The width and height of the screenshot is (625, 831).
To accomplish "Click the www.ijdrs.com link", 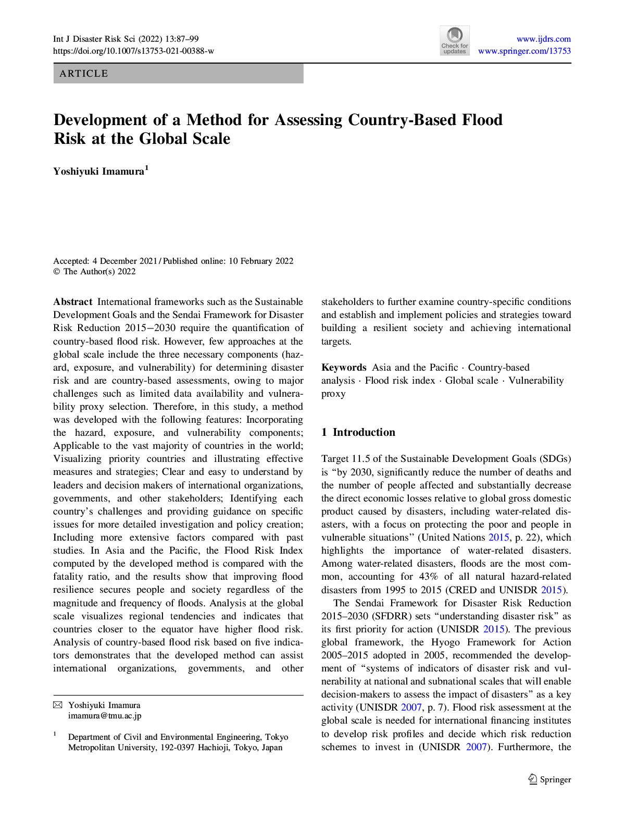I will click(543, 39).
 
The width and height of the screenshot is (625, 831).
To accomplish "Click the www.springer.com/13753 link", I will click(524, 51).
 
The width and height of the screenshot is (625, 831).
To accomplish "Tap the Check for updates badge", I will click(454, 41).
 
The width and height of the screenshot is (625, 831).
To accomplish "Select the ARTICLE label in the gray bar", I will click(84, 74).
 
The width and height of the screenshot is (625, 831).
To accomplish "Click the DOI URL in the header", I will click(133, 51).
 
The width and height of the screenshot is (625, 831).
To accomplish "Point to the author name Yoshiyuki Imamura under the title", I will click(98, 172).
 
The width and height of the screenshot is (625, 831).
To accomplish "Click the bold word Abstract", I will click(73, 302).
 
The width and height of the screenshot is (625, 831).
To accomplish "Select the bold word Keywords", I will click(344, 368).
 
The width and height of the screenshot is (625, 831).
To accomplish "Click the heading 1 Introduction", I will click(358, 432).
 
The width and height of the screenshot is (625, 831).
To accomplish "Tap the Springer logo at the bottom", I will click(550, 779).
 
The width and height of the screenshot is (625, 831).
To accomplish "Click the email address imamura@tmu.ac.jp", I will click(105, 716).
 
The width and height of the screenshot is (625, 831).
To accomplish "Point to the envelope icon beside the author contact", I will click(58, 705).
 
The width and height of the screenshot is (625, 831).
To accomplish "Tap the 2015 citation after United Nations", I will click(498, 537).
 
